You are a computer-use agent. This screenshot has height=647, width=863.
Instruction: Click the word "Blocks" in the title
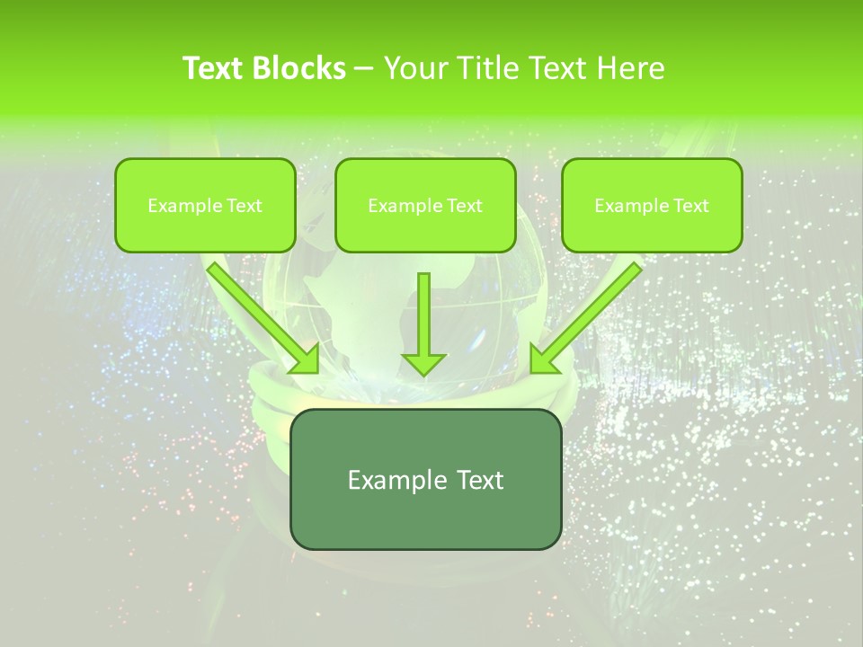(x=298, y=68)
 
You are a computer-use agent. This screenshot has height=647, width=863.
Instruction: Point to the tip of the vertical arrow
(x=423, y=373)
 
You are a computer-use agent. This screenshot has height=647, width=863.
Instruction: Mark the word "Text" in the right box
(x=690, y=206)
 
